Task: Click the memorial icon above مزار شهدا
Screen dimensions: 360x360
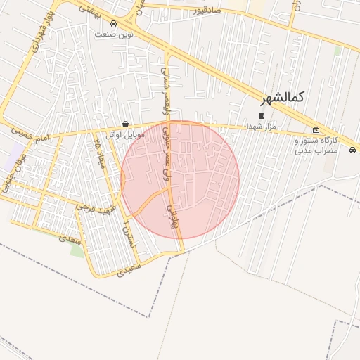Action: pos(261,115)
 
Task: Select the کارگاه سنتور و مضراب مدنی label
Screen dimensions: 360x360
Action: pos(315,146)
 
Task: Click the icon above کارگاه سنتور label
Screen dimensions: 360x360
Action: pos(316,129)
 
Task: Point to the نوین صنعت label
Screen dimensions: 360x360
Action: pos(114,34)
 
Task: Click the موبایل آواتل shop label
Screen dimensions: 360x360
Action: pos(125,134)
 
